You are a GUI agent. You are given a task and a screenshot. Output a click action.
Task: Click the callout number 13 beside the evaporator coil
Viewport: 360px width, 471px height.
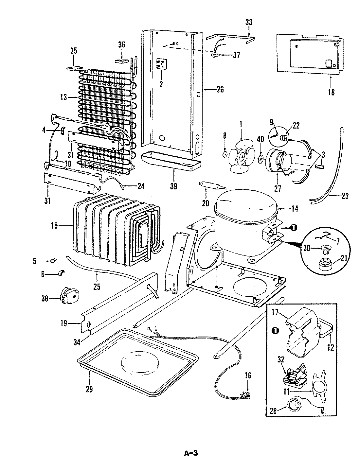pos(63,97)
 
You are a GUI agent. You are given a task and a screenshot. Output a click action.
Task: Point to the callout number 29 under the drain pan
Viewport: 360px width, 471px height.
pos(89,389)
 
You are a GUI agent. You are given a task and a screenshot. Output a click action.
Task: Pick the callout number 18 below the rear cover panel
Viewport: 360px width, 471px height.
pos(331,92)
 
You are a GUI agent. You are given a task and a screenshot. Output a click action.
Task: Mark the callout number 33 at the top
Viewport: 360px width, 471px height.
pos(249,23)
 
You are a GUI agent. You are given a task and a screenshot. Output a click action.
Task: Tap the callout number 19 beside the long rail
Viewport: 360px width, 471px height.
pos(64,323)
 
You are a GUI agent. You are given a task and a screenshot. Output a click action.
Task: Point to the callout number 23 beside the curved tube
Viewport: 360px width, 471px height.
pos(344,196)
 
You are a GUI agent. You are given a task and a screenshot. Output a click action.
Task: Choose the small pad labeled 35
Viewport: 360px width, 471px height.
pos(74,68)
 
